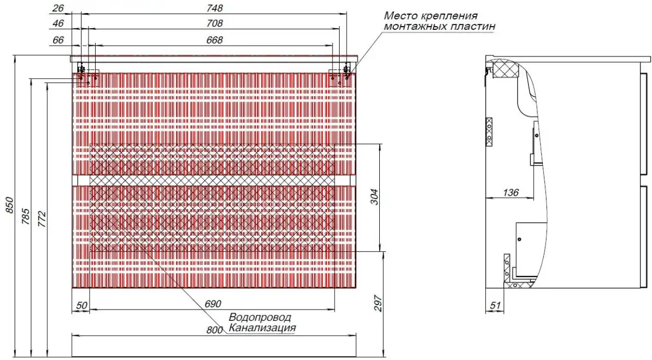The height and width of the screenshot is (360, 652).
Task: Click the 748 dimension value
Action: pos(215,8)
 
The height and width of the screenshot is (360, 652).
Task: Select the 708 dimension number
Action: pos(215,24)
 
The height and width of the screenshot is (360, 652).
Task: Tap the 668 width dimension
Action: pos(215,40)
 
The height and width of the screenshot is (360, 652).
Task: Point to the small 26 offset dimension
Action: pos(59,8)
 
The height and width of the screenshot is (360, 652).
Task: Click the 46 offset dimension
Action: pos(59,24)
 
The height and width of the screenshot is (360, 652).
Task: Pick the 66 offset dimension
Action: pos(59,40)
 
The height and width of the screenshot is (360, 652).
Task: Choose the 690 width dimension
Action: pos(214,305)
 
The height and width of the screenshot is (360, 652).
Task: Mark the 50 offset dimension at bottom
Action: pos(81,306)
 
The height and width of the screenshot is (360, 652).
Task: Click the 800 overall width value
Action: pos(215,330)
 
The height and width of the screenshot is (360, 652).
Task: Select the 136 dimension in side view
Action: pos(511,192)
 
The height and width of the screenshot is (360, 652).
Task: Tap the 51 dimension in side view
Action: pos(495,306)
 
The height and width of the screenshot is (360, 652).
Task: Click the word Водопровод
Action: pos(260,317)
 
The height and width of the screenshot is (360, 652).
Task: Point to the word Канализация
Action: pos(262,328)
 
